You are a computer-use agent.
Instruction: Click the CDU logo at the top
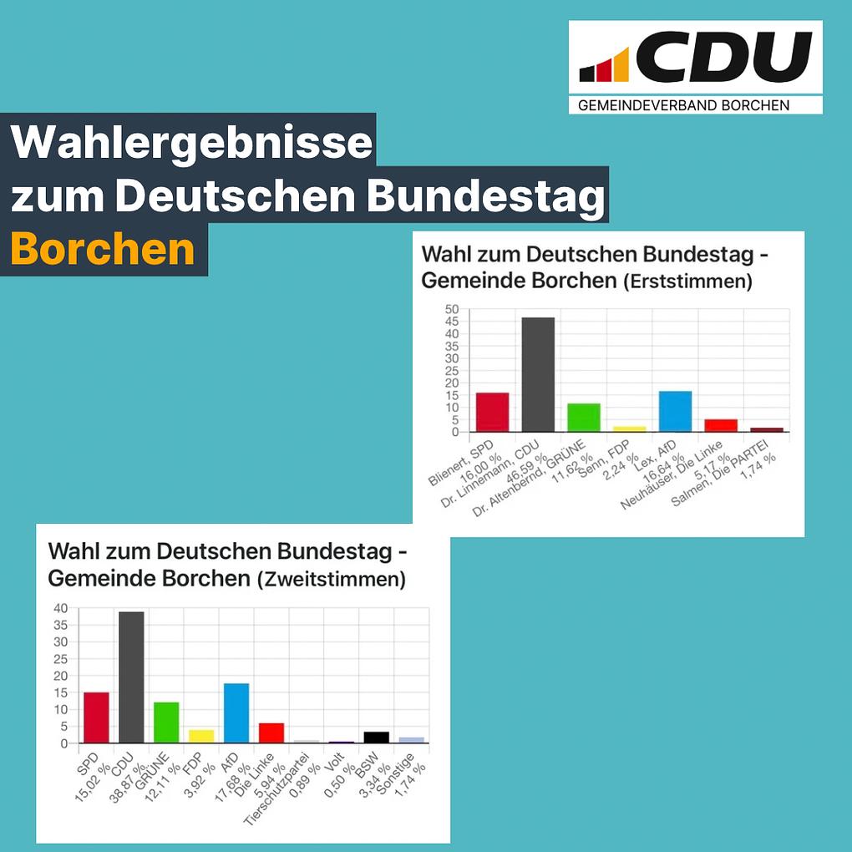click(695, 58)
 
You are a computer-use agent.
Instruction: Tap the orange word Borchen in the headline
click(103, 249)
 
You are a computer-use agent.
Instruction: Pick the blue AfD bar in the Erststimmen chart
click(675, 411)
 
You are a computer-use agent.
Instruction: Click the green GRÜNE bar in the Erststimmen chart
click(584, 418)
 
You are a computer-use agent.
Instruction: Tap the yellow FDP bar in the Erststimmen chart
click(629, 429)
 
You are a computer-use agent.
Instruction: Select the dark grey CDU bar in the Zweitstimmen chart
click(131, 677)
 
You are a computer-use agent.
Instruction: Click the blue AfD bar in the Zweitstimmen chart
click(236, 713)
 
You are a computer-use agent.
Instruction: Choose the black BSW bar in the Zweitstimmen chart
click(376, 737)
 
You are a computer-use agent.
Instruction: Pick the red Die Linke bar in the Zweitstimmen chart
click(271, 733)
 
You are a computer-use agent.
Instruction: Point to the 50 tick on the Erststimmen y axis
click(452, 309)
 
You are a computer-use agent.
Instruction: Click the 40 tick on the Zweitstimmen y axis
click(60, 608)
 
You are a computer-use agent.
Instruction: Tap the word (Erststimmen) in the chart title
click(687, 282)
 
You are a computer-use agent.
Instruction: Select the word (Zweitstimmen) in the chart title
click(331, 579)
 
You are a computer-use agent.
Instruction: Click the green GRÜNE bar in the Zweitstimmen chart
click(166, 723)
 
